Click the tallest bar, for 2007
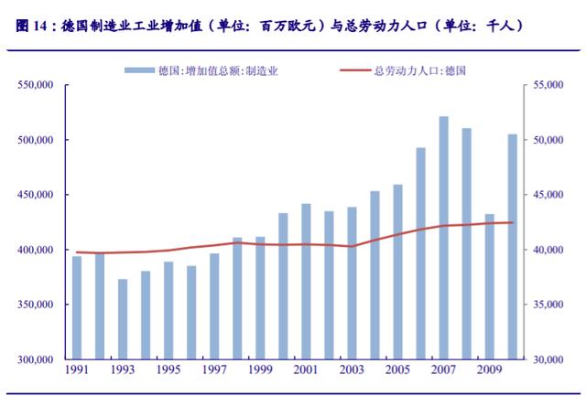click(x=443, y=238)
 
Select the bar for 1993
click(x=123, y=319)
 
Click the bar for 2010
click(x=512, y=247)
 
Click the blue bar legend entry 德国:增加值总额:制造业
click(x=198, y=70)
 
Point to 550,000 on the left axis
click(x=37, y=85)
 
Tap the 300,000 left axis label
click(x=37, y=359)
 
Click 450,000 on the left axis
click(x=37, y=195)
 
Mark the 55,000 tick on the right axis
click(x=547, y=85)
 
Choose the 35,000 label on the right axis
click(x=547, y=305)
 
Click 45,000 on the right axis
click(x=547, y=195)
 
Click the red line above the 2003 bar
click(x=352, y=246)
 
